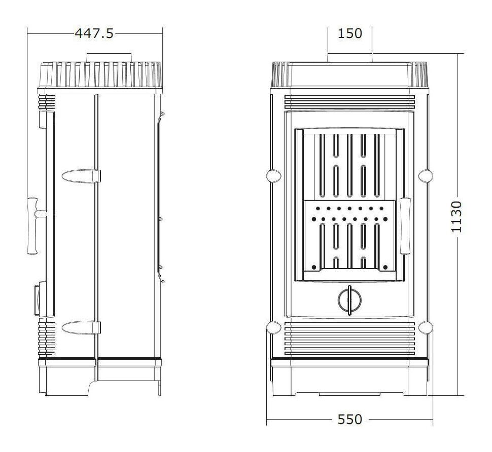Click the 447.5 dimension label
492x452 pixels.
[94, 33]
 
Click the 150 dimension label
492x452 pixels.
[350, 33]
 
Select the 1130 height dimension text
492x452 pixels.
[456, 216]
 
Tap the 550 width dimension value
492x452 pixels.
[350, 419]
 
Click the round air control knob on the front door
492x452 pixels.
[350, 300]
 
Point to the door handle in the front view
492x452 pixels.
[405, 225]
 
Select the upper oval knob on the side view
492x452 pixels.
[81, 176]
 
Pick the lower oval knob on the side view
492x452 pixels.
[81, 327]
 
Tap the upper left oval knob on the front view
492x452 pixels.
[273, 176]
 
